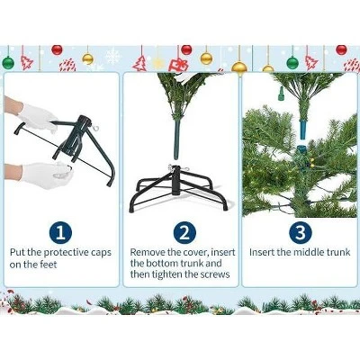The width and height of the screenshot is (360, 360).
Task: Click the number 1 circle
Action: pyautogui.click(x=61, y=233)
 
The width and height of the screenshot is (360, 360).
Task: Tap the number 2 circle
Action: pyautogui.click(x=184, y=233)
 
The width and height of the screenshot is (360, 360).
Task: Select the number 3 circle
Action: pyautogui.click(x=301, y=233)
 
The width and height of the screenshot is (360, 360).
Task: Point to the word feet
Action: pyautogui.click(x=49, y=265)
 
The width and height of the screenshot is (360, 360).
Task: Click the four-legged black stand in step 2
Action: pyautogui.click(x=178, y=190)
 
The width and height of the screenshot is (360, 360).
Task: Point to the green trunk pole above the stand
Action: pyautogui.click(x=177, y=139)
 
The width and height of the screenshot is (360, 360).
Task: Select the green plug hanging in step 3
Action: pyautogui.click(x=281, y=94)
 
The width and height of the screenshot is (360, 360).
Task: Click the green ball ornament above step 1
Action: pyautogui.click(x=8, y=62)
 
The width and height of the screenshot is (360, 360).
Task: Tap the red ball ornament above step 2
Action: pyautogui.click(x=186, y=49)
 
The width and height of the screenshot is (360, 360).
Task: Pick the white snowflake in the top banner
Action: pyautogui.click(x=112, y=57)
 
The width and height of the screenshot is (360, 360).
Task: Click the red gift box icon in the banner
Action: pyautogui.click(x=178, y=65)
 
